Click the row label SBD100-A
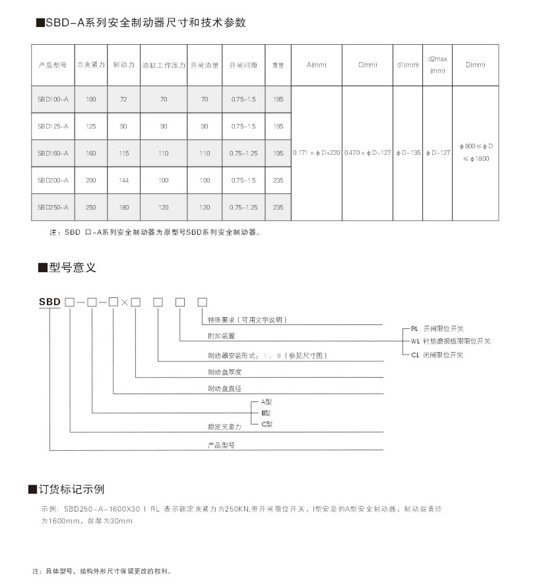[x=53, y=99]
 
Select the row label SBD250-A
[x=53, y=207]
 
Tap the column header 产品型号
[x=53, y=65]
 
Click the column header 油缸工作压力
[x=164, y=65]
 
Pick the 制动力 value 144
[x=124, y=180]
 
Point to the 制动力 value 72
[x=124, y=99]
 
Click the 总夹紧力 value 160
[x=91, y=153]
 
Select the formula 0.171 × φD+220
[x=317, y=153]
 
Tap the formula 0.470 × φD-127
[x=367, y=153]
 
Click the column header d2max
[x=437, y=59]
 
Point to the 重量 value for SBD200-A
[x=278, y=180]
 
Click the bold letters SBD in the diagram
[x=49, y=302]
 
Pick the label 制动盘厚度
[x=224, y=372]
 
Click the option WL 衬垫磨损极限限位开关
[x=450, y=341]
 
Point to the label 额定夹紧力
[x=224, y=427]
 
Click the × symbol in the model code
[x=124, y=303]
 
